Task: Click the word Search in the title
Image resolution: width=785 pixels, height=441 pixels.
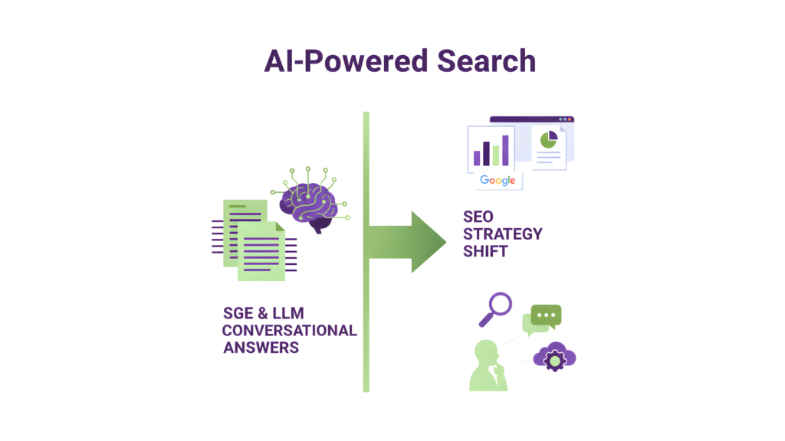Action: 486,61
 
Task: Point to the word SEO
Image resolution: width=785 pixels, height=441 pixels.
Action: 478,217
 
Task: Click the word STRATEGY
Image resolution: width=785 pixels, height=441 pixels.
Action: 503,234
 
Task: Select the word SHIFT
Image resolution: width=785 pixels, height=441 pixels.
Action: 485,251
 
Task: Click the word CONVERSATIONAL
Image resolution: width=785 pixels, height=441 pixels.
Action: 289,331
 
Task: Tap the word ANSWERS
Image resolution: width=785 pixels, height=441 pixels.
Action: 261,348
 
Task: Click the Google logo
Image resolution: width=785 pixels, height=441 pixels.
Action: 497,181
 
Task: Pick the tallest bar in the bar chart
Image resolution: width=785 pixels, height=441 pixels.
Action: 505,149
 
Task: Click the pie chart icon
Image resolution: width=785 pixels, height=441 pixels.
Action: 548,139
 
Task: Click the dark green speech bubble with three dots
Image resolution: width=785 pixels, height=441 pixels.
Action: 546,315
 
